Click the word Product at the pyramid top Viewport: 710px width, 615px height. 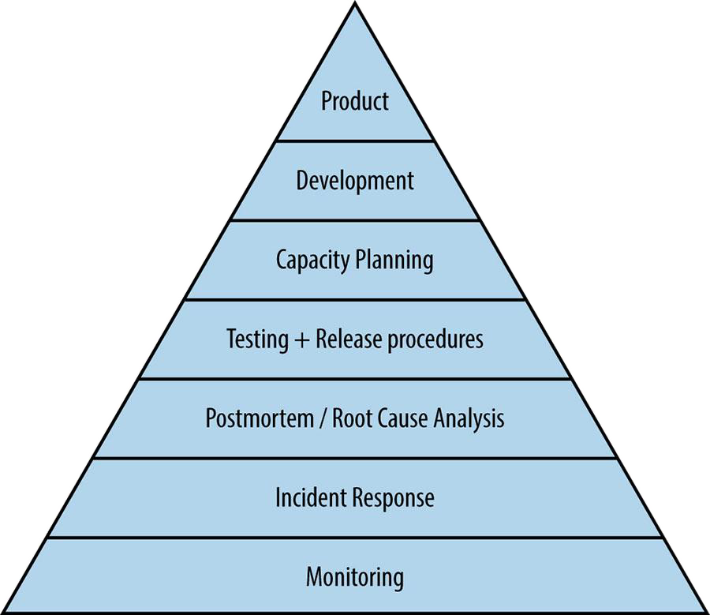click(355, 101)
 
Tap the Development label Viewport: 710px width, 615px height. click(355, 180)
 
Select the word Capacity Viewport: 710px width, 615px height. click(310, 260)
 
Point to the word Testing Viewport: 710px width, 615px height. click(256, 339)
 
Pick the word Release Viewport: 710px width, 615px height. click(346, 339)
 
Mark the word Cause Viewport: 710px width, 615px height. click(404, 418)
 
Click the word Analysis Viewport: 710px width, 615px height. click(469, 418)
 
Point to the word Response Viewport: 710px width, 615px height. click(393, 498)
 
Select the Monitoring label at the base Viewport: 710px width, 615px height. click(355, 576)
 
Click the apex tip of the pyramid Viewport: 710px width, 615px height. click(355, 5)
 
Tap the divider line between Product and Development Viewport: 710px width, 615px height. click(355, 141)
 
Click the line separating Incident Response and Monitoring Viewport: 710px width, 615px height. click(355, 538)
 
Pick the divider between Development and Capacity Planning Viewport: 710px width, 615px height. click(355, 220)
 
